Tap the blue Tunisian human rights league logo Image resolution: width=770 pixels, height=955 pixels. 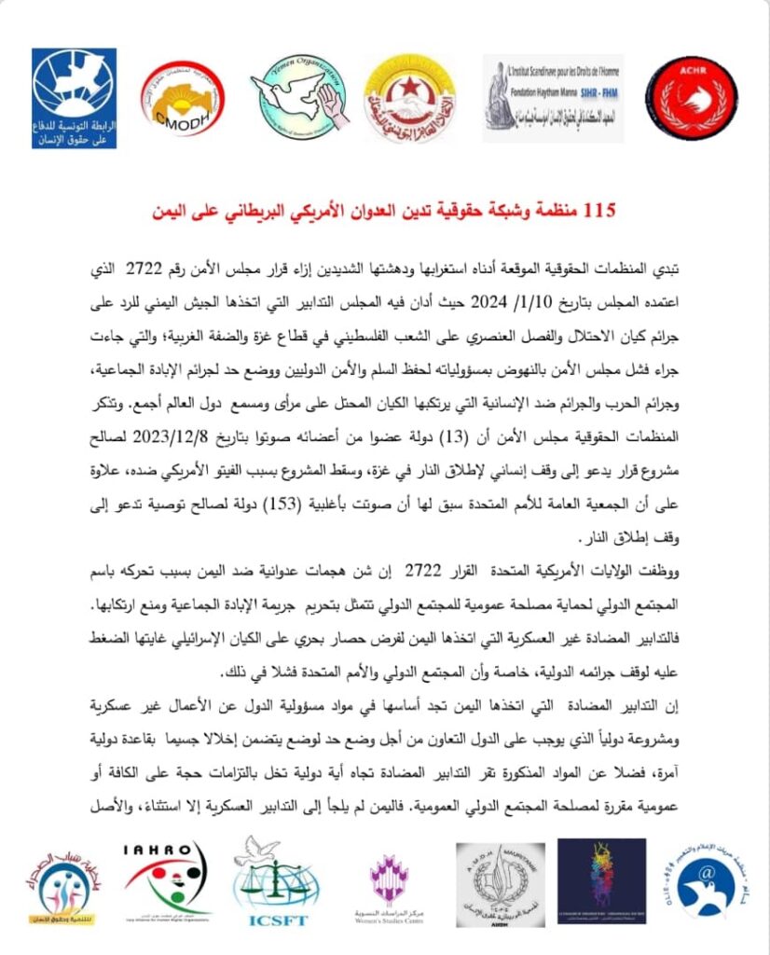point(74,96)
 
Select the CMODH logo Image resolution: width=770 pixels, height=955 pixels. point(182,99)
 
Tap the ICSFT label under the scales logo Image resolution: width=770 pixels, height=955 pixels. point(282,921)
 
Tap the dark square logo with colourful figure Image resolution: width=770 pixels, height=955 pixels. point(601,880)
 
